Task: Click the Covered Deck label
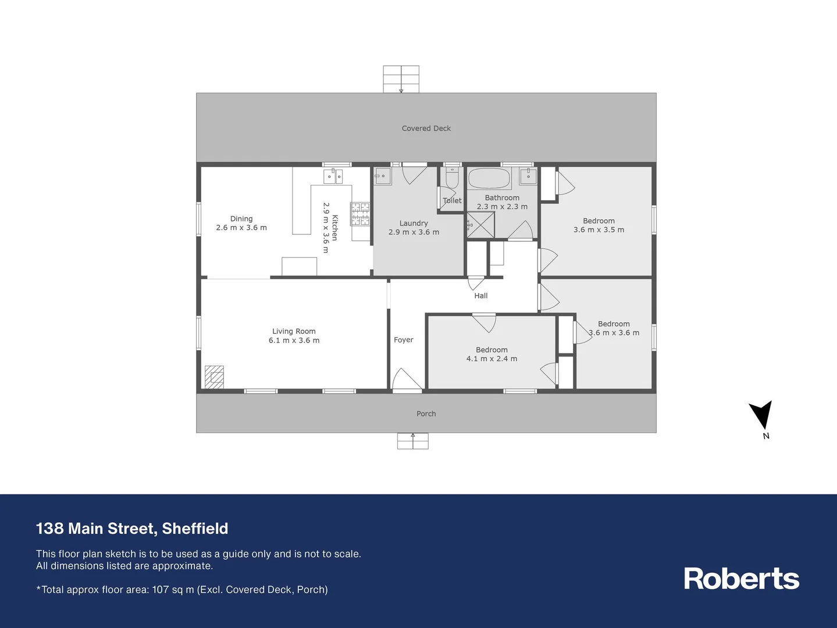click(x=426, y=129)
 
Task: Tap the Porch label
click(x=426, y=414)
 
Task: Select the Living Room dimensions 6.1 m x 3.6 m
click(x=294, y=341)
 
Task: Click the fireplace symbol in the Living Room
click(x=214, y=377)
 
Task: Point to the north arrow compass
click(x=761, y=416)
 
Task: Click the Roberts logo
click(x=741, y=579)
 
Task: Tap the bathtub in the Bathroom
click(x=489, y=179)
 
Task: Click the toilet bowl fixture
click(x=453, y=176)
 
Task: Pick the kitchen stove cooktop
click(x=359, y=213)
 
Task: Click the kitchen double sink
click(x=333, y=176)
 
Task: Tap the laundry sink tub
click(x=382, y=176)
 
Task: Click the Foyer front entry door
click(x=407, y=380)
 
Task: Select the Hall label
click(x=480, y=296)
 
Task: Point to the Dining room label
click(x=241, y=219)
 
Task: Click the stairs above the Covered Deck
click(x=401, y=79)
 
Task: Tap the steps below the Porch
click(x=412, y=441)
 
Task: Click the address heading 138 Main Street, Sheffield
click(x=132, y=529)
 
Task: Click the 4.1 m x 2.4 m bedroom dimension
click(x=491, y=359)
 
